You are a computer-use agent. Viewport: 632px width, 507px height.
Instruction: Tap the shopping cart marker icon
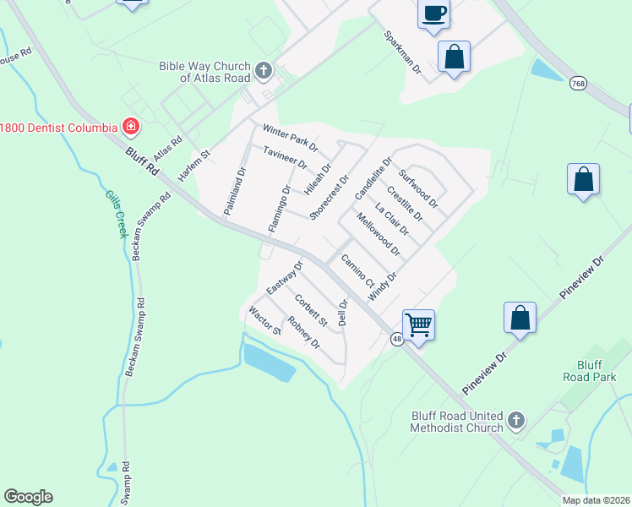[418, 324]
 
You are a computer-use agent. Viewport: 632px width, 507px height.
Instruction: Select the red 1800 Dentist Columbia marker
[130, 128]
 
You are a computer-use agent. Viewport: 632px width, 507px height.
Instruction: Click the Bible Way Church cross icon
[264, 70]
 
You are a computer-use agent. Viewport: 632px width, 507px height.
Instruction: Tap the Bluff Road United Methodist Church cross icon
[516, 420]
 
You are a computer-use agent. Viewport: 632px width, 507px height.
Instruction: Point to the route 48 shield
[396, 339]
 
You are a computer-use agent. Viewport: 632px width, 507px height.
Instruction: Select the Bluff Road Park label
[591, 369]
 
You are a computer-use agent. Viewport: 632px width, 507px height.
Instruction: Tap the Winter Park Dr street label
[290, 136]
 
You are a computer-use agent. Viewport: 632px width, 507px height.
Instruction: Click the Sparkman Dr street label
[402, 53]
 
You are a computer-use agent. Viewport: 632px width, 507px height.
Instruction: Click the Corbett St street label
[310, 310]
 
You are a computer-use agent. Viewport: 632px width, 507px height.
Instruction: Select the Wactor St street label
[264, 321]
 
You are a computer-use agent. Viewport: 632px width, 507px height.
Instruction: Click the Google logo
[28, 497]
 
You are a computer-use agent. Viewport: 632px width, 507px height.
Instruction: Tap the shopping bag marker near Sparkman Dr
[454, 57]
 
